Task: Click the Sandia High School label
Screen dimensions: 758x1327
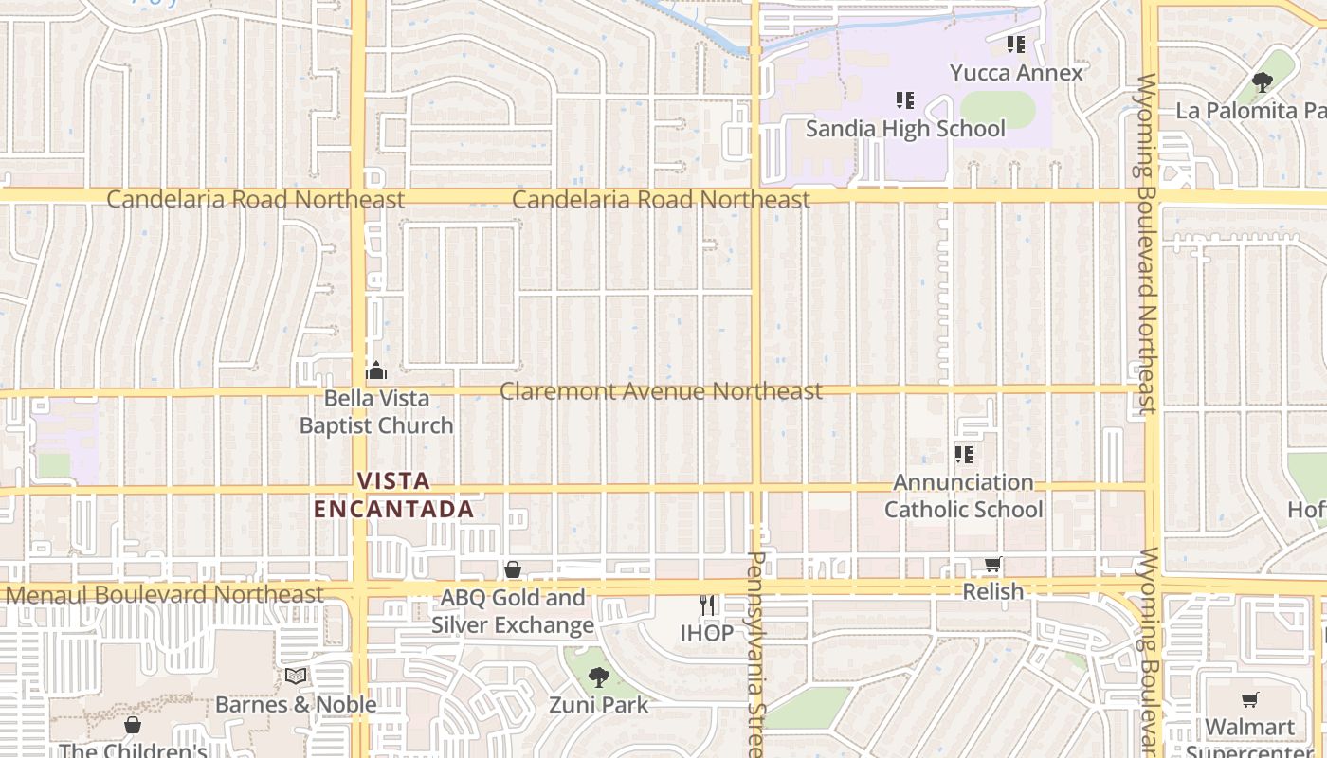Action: click(x=905, y=128)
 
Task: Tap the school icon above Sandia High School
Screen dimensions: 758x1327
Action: click(x=904, y=99)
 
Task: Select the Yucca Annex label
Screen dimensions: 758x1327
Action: click(x=1016, y=73)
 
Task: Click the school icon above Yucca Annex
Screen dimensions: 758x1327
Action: click(x=1016, y=45)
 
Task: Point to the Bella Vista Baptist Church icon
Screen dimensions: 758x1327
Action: click(x=376, y=370)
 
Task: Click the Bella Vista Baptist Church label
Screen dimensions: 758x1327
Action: click(x=376, y=412)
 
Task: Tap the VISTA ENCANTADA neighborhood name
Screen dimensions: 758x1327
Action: click(x=393, y=495)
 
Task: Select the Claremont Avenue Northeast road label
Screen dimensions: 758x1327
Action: click(x=661, y=390)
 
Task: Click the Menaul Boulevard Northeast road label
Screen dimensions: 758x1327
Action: click(x=165, y=594)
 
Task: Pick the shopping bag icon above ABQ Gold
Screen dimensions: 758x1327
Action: click(x=513, y=569)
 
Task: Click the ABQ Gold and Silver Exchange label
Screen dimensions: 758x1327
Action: click(x=513, y=611)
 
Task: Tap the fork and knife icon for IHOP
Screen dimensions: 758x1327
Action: click(x=707, y=605)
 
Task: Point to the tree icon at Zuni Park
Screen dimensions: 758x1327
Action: click(x=598, y=677)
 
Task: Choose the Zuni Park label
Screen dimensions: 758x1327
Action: click(x=599, y=705)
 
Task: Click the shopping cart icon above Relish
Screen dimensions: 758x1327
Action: click(x=992, y=565)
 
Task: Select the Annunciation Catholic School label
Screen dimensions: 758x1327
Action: click(x=964, y=496)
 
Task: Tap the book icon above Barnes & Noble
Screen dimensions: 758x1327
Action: click(x=296, y=676)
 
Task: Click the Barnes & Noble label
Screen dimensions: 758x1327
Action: click(x=296, y=704)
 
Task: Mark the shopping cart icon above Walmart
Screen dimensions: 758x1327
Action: click(x=1249, y=700)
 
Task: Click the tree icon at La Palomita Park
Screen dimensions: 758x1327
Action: click(x=1262, y=82)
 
